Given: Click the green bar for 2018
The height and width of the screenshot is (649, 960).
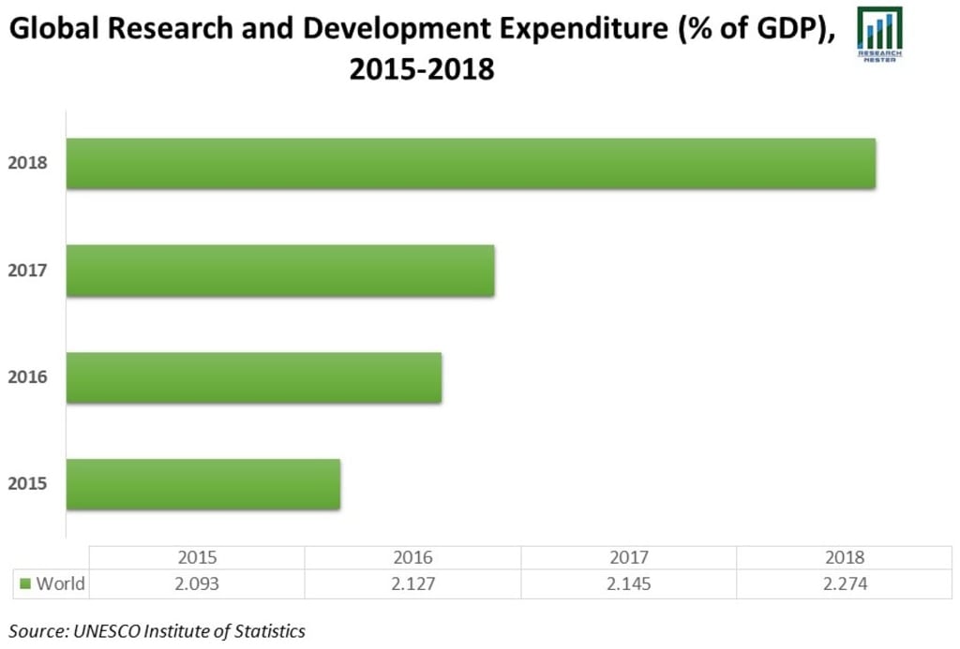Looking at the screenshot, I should (x=471, y=164).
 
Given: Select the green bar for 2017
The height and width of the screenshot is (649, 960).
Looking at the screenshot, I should (x=280, y=271).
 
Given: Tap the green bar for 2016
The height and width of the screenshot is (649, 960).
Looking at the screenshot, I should (x=254, y=377).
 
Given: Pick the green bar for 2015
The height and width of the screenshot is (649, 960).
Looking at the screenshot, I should (x=203, y=484).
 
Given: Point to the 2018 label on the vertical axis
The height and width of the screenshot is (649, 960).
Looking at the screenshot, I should (x=27, y=163).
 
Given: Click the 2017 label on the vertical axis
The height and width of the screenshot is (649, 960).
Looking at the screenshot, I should (x=27, y=271).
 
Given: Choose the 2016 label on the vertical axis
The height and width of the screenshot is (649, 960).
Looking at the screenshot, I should (x=27, y=377).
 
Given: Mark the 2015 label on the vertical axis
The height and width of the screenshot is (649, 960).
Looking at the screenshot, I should (x=27, y=484).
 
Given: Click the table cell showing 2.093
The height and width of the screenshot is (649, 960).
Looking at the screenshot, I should (x=197, y=583).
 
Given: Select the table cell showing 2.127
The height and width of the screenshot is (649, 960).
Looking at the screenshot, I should (x=412, y=583).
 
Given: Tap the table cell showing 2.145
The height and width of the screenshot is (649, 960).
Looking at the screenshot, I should (x=628, y=583).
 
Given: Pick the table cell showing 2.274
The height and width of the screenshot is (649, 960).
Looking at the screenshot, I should (x=844, y=583).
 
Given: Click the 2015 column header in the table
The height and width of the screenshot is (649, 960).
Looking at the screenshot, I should (x=197, y=557).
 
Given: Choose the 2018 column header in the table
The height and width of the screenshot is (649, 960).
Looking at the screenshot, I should (x=844, y=557).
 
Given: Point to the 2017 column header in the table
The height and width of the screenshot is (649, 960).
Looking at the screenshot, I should (x=628, y=557).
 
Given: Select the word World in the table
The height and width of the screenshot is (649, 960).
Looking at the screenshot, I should (x=60, y=583).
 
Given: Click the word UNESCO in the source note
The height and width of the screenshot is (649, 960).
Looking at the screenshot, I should (x=104, y=630).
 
